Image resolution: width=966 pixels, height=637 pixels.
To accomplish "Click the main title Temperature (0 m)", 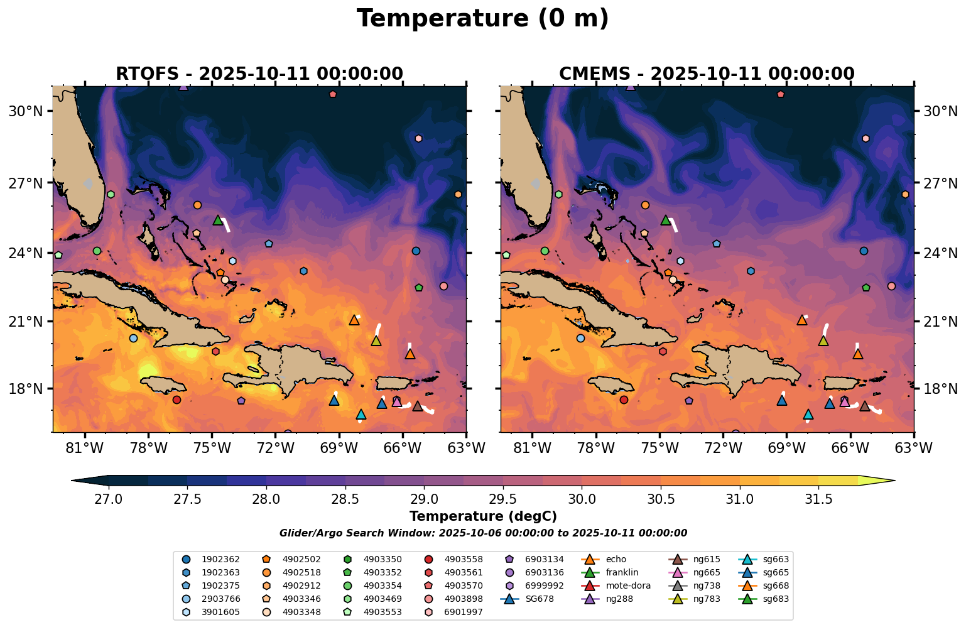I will [482, 19].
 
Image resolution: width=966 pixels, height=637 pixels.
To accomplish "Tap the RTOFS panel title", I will [259, 73].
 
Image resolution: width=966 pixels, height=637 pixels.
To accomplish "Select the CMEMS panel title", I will [707, 73].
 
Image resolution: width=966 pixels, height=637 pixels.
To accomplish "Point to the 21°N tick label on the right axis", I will [940, 322].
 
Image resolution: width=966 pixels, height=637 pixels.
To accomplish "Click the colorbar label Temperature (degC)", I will [482, 516].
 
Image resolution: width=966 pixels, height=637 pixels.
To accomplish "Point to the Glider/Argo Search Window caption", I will [482, 533].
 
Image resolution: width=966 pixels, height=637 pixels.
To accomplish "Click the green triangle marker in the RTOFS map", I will [218, 220].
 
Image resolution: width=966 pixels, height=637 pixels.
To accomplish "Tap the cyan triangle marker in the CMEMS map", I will [808, 415].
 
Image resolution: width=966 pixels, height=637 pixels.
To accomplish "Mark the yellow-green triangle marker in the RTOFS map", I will [376, 341].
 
